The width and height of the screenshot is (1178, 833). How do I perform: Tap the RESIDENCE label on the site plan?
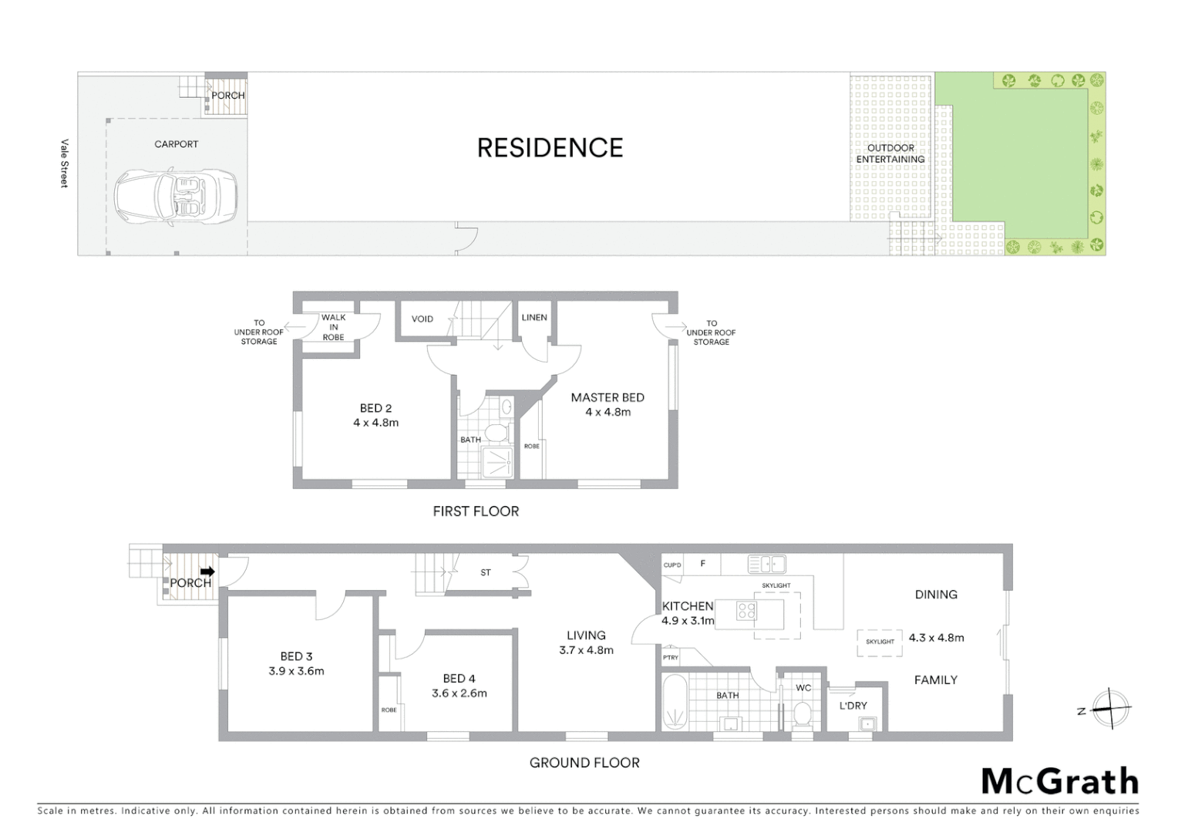tap(550, 147)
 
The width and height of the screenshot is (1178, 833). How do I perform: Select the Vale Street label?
tap(65, 164)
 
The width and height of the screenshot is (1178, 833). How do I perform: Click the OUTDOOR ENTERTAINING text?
tap(890, 153)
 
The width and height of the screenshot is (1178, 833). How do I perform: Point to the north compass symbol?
tap(1111, 708)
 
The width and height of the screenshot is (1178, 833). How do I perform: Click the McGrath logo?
tap(1060, 781)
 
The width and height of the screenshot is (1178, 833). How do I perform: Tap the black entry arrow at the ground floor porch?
tap(207, 572)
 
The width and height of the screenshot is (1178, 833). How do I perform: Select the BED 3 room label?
tap(296, 656)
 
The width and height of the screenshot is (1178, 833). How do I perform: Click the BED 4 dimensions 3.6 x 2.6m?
tap(459, 693)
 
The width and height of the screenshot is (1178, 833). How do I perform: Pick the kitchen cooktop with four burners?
tap(746, 612)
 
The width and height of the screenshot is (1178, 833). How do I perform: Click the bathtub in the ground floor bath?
tap(675, 703)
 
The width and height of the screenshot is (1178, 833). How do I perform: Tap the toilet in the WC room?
tap(803, 714)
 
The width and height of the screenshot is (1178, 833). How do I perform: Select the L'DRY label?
tap(853, 706)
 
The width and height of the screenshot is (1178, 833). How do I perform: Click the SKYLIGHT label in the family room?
tap(880, 642)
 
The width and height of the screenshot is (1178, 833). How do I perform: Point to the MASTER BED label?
tap(608, 397)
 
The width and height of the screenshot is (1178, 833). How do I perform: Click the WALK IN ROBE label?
tap(333, 327)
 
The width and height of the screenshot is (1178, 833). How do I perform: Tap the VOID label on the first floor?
tap(422, 319)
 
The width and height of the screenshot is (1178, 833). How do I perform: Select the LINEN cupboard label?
tap(534, 317)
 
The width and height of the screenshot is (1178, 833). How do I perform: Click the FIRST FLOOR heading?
tap(476, 511)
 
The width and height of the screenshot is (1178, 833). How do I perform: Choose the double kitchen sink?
tap(766, 564)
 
